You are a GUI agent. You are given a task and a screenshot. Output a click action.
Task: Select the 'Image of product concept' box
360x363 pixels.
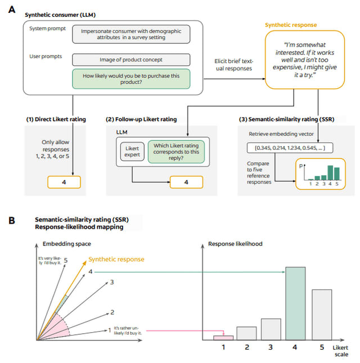click(x=131, y=60)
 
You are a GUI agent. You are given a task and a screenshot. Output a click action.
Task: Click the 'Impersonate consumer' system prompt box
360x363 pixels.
click(x=131, y=34)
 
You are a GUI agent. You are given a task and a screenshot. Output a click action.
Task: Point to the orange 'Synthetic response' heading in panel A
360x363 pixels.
click(x=291, y=25)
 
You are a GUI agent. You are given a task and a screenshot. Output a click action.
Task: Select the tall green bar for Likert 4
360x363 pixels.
click(x=295, y=303)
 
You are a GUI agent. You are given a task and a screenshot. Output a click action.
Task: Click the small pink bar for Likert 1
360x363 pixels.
click(x=224, y=337)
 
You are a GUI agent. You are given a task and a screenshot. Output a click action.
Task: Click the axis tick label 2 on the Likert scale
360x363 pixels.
click(x=247, y=347)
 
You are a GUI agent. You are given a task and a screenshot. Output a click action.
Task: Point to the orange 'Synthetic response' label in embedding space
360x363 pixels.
click(x=117, y=260)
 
